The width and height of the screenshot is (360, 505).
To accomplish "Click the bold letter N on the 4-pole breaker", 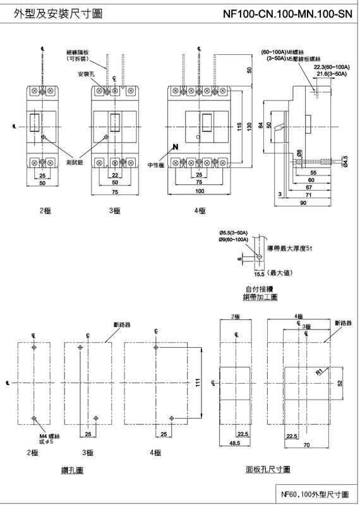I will (175, 147).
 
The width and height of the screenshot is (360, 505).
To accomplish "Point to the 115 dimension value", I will (238, 126).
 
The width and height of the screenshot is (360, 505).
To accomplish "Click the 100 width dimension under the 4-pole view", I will (199, 191).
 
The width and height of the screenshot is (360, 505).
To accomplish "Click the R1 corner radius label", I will (320, 373).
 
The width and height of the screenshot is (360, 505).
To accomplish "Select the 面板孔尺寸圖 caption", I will (268, 469).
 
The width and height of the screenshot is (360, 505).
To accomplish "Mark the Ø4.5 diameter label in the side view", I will (345, 162).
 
